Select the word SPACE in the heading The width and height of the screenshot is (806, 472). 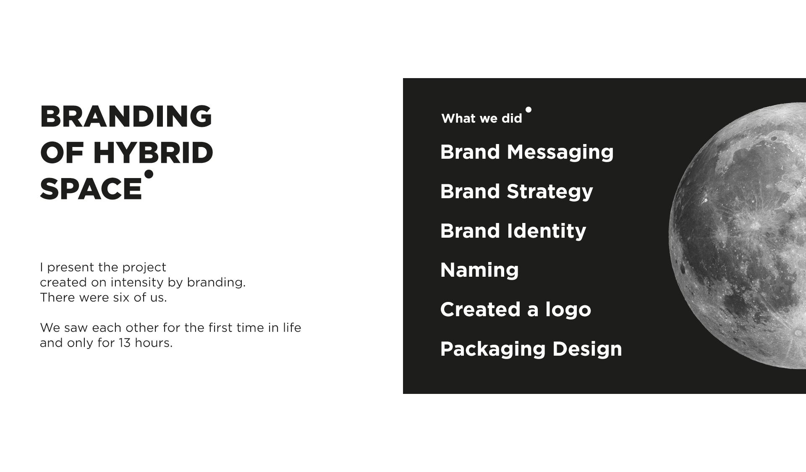[x=91, y=189]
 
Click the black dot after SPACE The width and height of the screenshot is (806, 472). [x=149, y=174]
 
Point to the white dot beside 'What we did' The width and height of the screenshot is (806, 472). [x=529, y=110]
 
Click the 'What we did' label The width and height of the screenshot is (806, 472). [x=482, y=118]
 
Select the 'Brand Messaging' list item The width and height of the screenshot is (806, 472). [x=527, y=152]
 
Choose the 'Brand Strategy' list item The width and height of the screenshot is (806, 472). [x=516, y=191]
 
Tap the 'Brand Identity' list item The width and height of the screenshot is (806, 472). [x=513, y=231]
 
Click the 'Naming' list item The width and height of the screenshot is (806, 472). [x=479, y=270]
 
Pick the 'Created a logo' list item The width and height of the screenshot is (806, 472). [x=516, y=309]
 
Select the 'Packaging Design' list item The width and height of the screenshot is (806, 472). [x=531, y=349]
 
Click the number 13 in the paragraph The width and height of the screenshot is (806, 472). [x=125, y=343]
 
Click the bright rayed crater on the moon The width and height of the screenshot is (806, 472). [x=754, y=226]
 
